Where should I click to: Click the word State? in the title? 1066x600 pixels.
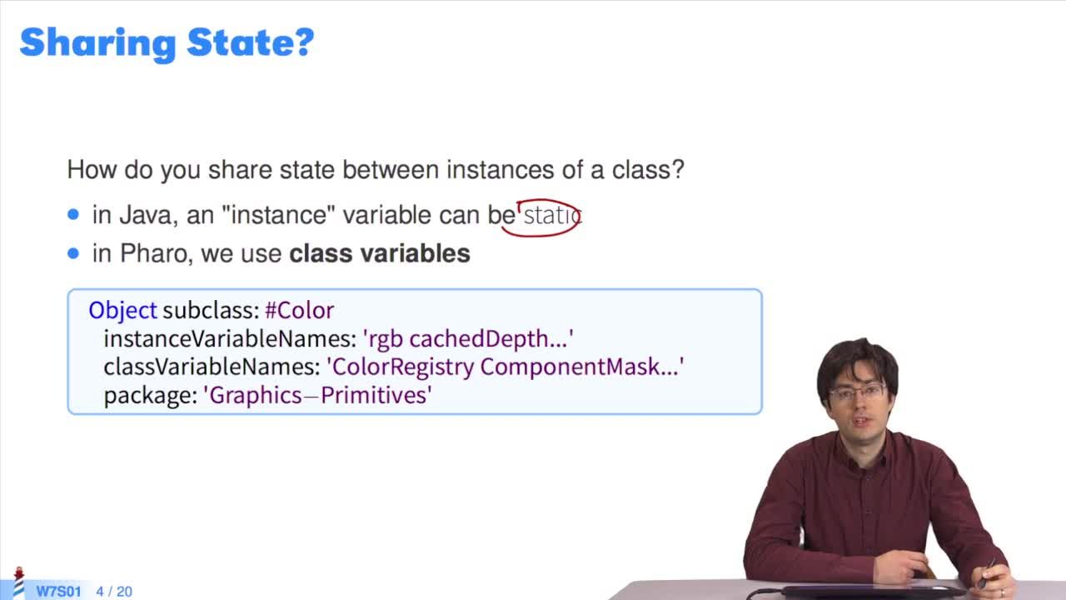click(251, 42)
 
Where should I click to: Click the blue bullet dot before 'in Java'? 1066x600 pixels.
click(73, 214)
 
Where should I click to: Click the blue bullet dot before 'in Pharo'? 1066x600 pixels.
click(73, 252)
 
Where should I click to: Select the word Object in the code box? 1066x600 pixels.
click(122, 311)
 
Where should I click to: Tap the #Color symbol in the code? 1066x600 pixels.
click(299, 311)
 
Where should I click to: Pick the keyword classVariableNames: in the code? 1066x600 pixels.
click(212, 367)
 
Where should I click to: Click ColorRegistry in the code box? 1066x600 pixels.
click(403, 367)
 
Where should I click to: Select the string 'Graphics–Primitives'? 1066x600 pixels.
click(318, 395)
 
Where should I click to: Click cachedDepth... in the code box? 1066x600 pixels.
click(488, 339)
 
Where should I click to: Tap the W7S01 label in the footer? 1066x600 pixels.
click(59, 592)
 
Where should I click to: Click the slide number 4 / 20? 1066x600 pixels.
click(114, 592)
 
